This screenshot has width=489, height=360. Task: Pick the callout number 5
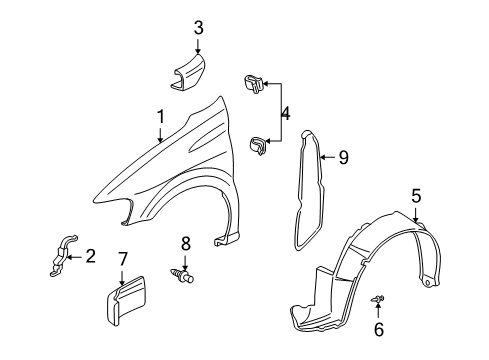click(416, 195)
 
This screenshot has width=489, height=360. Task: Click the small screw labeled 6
click(378, 298)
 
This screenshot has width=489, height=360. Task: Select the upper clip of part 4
click(254, 84)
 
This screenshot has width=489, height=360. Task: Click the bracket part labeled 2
click(62, 256)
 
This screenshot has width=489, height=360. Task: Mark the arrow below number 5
click(416, 212)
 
